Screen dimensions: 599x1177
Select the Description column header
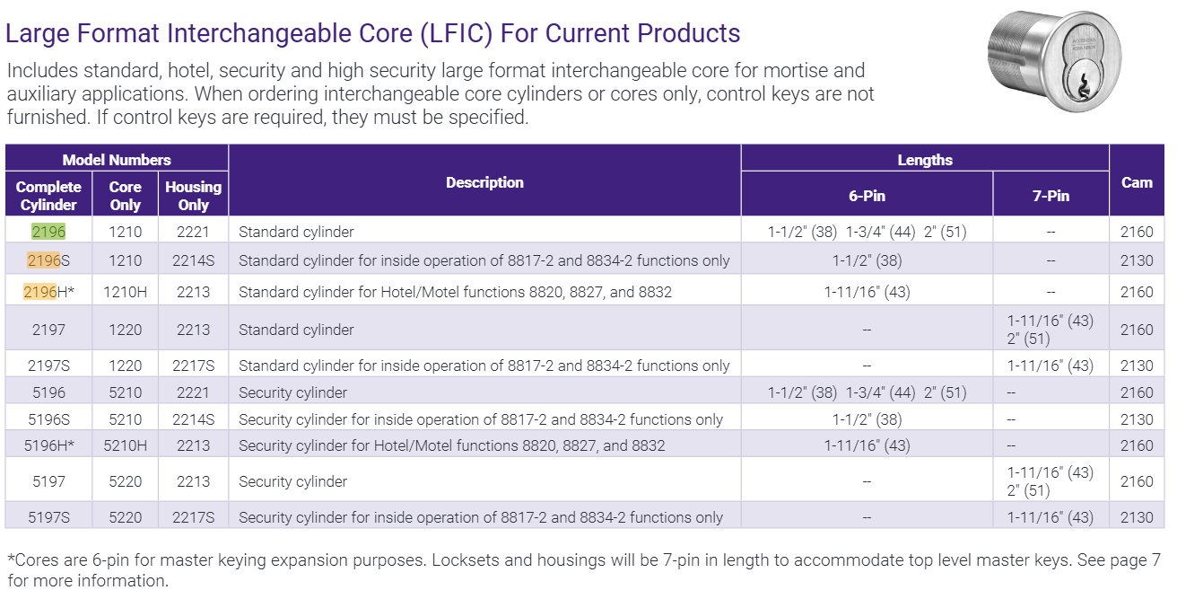click(x=484, y=182)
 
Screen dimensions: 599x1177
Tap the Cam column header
click(x=1137, y=182)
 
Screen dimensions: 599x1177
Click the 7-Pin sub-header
click(x=1051, y=195)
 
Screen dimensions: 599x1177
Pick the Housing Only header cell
click(x=193, y=195)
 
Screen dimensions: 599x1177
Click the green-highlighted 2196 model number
click(x=48, y=232)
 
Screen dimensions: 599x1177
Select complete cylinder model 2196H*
click(x=50, y=292)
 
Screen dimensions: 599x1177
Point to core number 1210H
click(x=125, y=292)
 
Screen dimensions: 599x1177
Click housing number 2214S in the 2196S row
click(x=193, y=260)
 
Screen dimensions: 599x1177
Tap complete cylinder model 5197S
click(x=48, y=517)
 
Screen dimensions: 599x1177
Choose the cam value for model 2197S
click(x=1137, y=366)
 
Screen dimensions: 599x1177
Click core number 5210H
click(x=125, y=445)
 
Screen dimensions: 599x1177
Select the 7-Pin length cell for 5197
click(x=1051, y=481)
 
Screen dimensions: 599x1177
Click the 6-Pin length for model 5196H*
click(x=867, y=445)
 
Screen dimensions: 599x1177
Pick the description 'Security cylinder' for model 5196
click(x=292, y=392)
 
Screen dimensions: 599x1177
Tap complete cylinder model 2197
click(x=48, y=330)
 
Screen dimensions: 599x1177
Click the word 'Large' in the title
click(x=35, y=34)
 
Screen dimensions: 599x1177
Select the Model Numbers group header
click(x=117, y=160)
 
